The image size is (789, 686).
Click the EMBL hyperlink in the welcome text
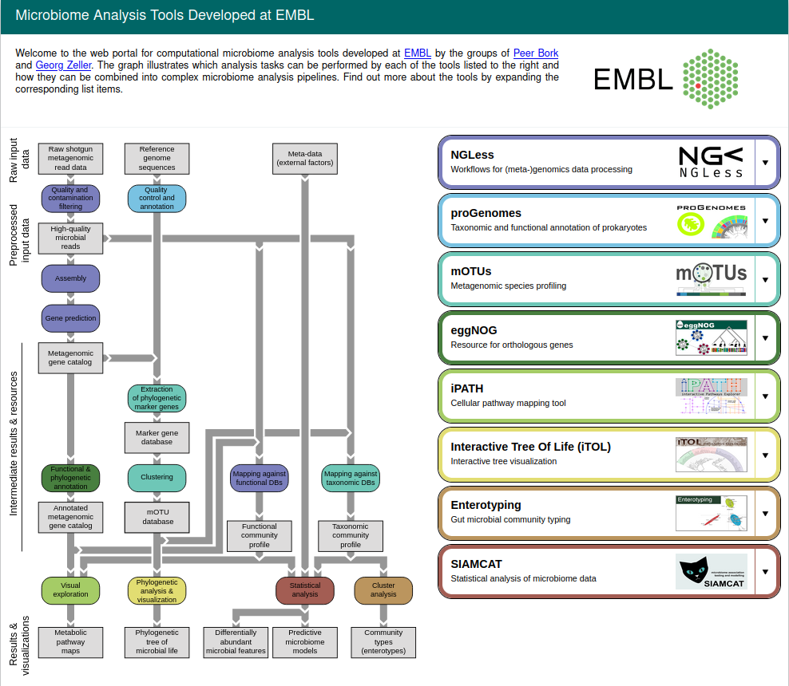click(418, 53)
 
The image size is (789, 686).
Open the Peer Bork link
click(536, 53)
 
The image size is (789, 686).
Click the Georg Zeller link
click(64, 65)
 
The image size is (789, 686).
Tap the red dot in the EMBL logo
click(698, 84)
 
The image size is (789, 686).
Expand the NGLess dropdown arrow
click(764, 162)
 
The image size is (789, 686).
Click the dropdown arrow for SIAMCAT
click(764, 572)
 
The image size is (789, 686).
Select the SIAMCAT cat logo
click(711, 572)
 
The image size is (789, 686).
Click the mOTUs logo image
click(711, 279)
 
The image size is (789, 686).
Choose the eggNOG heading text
click(474, 330)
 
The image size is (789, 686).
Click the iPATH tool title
click(466, 388)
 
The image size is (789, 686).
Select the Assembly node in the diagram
click(70, 278)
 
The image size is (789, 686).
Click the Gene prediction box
click(70, 317)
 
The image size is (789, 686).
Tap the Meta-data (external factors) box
click(304, 158)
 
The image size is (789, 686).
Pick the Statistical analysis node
click(304, 589)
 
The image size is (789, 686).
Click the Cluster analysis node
click(383, 589)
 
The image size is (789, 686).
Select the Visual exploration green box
click(70, 589)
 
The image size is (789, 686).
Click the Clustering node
click(157, 478)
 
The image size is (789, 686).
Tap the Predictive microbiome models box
click(304, 641)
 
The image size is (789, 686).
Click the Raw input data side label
click(18, 160)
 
